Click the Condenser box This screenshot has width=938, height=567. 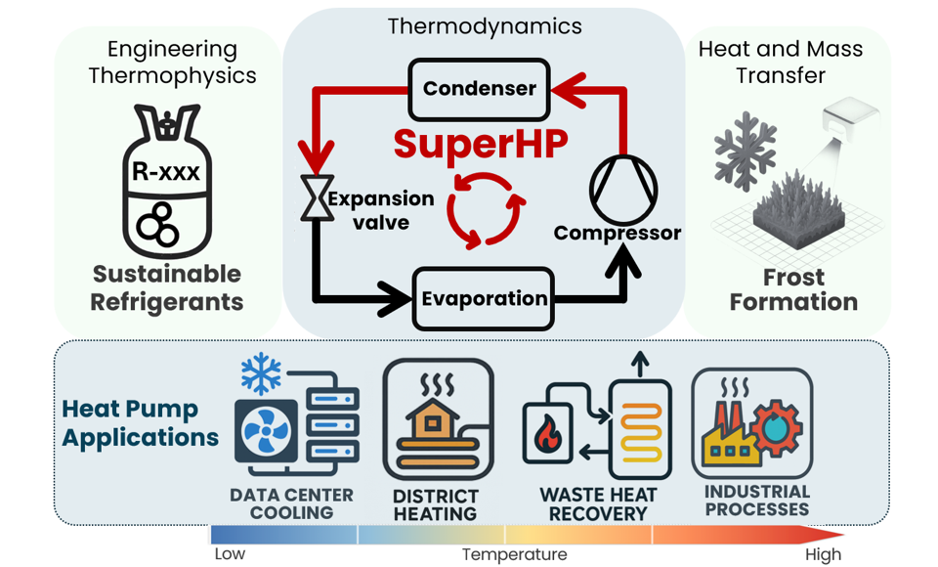coord(479,89)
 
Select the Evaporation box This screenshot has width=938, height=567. coord(484,298)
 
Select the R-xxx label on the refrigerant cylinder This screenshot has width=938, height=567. coord(166,174)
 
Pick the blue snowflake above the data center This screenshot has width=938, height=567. coord(261,374)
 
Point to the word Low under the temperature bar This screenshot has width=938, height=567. coord(230,554)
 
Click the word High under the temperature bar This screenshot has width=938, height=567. coord(823,554)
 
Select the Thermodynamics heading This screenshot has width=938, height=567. coord(485,26)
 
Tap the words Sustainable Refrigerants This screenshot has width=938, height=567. coord(166,287)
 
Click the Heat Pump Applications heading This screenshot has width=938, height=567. coord(140,422)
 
